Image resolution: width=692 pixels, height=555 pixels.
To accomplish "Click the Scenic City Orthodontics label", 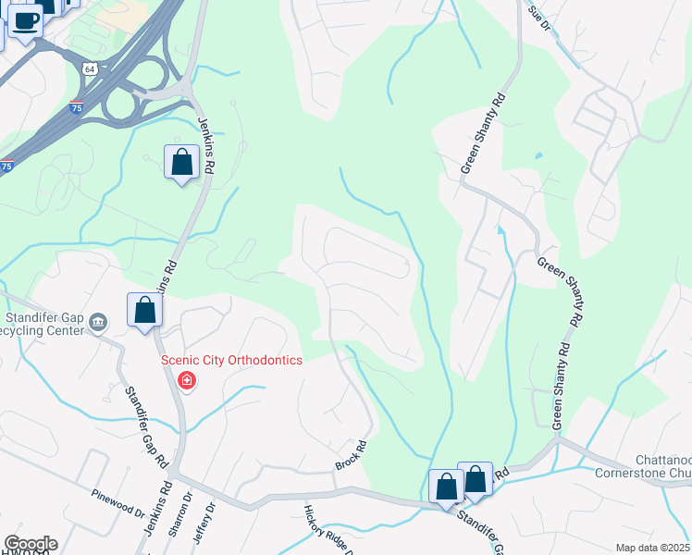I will (x=232, y=360).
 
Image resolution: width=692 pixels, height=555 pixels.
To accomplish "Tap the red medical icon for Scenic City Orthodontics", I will (x=187, y=380).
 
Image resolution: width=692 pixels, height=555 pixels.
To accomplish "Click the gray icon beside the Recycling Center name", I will (x=100, y=320).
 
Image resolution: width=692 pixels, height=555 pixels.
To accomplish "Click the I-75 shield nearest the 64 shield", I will (x=76, y=107).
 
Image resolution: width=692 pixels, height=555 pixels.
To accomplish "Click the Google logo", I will (x=31, y=544).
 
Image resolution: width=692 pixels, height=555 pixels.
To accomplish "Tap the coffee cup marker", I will (x=26, y=19).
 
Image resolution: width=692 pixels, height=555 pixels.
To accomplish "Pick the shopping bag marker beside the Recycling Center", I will (x=145, y=310).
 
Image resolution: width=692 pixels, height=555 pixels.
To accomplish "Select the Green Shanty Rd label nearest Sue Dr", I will (x=484, y=132).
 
